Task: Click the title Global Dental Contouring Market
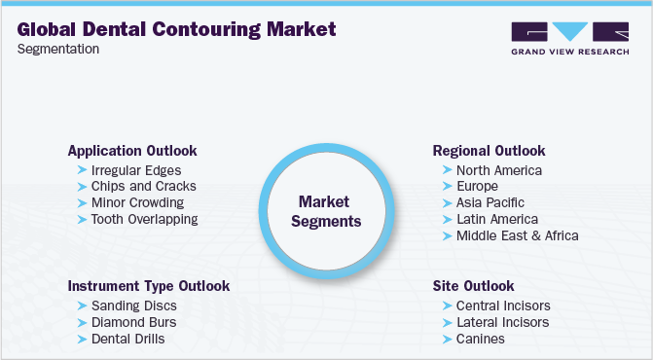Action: (x=177, y=29)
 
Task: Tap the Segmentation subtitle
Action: (x=57, y=50)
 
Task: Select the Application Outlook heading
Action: (x=132, y=151)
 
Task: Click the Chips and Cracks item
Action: (x=143, y=186)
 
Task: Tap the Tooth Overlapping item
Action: (x=144, y=219)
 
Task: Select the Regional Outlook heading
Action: (x=489, y=151)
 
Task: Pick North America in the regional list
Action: (x=499, y=169)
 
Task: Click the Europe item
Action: (x=477, y=186)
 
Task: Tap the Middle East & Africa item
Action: (x=517, y=235)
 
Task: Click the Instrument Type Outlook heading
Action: (x=149, y=286)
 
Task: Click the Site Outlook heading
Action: (x=473, y=286)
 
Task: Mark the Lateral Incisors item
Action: (x=502, y=322)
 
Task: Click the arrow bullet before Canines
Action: (x=447, y=339)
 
